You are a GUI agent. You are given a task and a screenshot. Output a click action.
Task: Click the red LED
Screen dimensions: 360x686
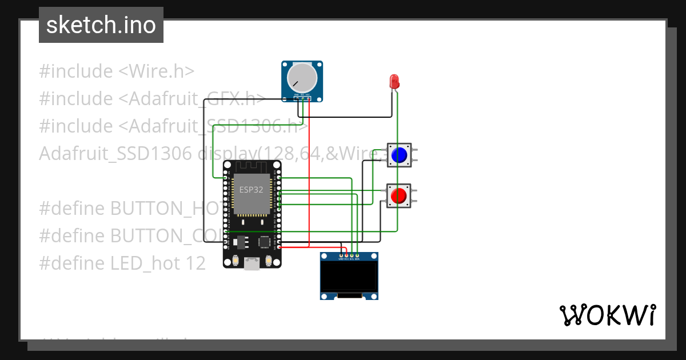coord(394,81)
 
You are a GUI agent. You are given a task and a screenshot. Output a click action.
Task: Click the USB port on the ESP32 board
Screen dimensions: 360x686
coord(252,263)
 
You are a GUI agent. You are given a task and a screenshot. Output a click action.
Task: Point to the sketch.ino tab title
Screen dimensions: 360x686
coord(101,25)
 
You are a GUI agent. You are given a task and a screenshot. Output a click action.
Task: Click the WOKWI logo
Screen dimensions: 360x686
coord(607,315)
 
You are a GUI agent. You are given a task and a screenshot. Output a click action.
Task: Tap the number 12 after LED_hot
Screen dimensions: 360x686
coord(194,263)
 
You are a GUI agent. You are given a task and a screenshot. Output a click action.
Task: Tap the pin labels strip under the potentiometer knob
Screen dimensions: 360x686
coord(302,94)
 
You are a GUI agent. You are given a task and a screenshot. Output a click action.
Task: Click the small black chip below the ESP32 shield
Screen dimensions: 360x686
coord(265,242)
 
